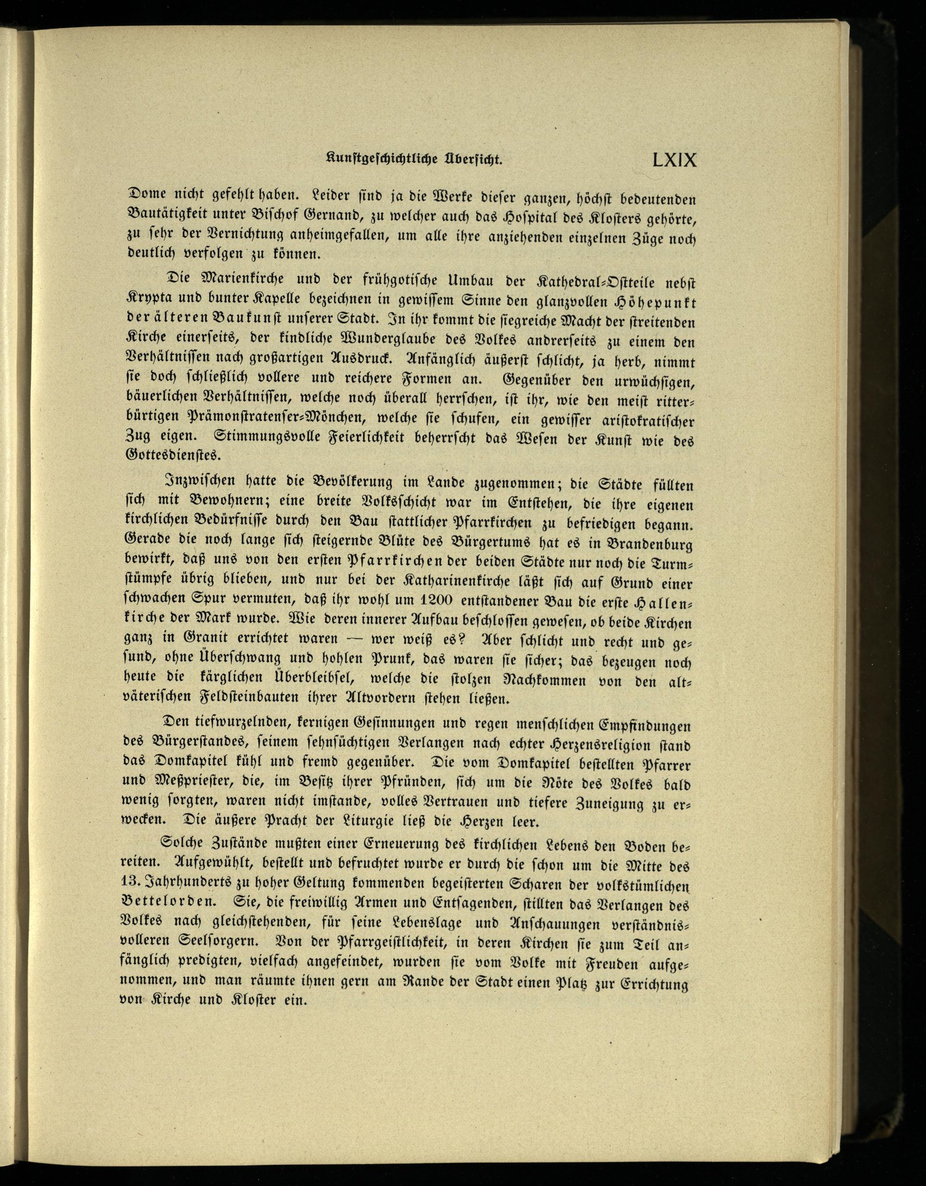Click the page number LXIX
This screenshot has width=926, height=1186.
[674, 160]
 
